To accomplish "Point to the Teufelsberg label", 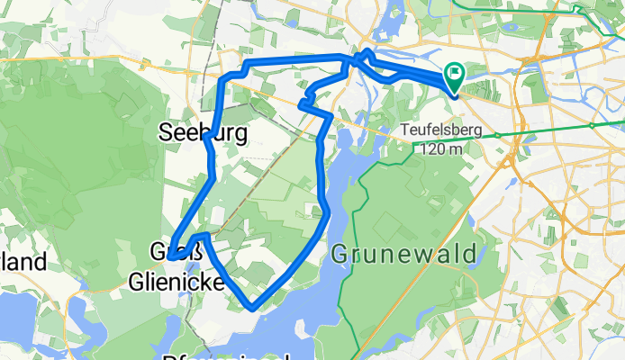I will click(441, 131).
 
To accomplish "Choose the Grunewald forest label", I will click(403, 255).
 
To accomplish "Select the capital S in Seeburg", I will click(166, 132).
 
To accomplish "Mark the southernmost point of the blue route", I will click(253, 308).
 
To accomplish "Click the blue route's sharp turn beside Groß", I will click(169, 258).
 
